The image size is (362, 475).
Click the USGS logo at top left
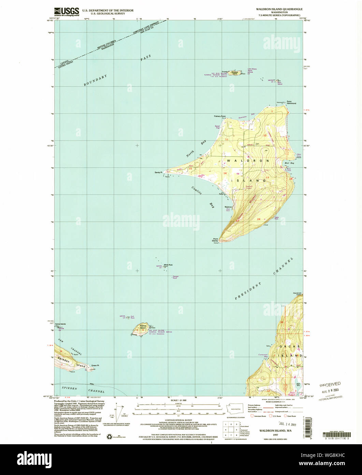pos(67,12)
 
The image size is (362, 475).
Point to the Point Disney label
pos(215,240)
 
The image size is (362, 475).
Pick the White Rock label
pos(168,265)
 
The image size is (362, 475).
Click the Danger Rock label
pos(175,277)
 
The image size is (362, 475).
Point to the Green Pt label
pos(95,365)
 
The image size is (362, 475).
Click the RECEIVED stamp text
pos(330,384)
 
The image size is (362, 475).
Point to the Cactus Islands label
pos(61,324)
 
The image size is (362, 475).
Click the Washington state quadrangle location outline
pos(234,408)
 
